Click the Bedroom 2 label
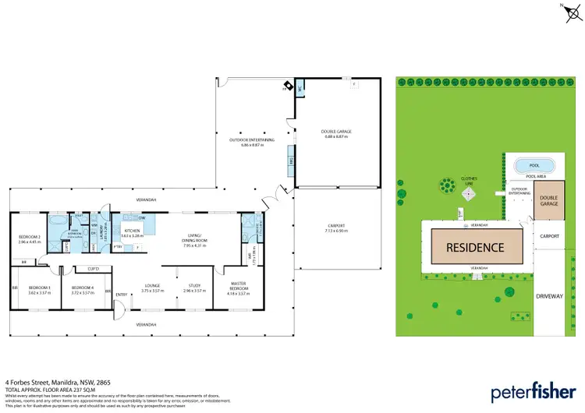(29, 238)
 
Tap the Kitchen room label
(131, 231)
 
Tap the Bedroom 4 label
(83, 287)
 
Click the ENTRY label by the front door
(121, 295)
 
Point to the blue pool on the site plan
(534, 165)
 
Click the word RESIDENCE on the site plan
(475, 248)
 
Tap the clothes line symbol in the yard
(447, 185)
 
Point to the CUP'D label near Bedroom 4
(93, 269)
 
